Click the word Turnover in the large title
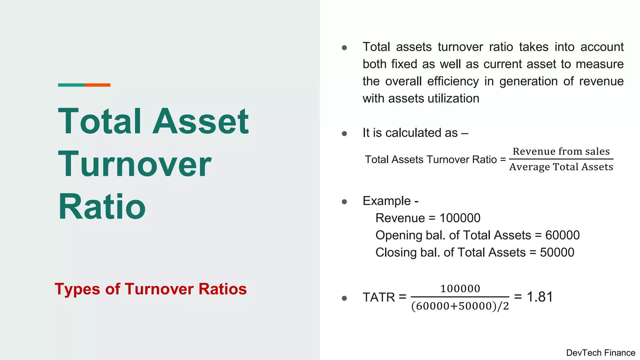(x=135, y=164)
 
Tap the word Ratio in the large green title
(x=102, y=207)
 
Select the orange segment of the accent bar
(x=97, y=85)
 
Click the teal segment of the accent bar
(x=71, y=85)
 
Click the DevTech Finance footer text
(x=600, y=353)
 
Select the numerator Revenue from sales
(x=561, y=151)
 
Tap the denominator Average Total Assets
(x=561, y=167)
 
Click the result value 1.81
(x=540, y=297)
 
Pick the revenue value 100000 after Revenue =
(x=460, y=218)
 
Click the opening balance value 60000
(x=562, y=235)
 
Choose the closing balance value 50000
(x=557, y=252)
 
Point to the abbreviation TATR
(x=379, y=297)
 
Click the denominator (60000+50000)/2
(x=460, y=306)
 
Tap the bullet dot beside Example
(x=344, y=202)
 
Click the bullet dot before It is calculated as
(x=344, y=134)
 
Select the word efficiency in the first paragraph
(x=453, y=81)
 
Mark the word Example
(x=387, y=201)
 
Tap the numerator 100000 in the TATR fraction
(x=460, y=288)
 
